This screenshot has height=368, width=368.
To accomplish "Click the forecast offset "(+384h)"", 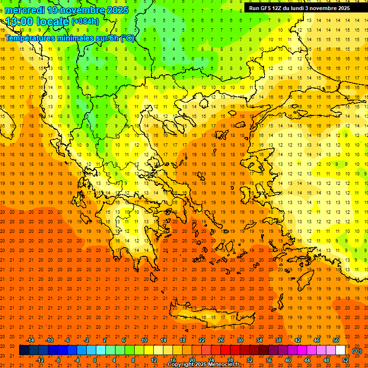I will (x=85, y=22).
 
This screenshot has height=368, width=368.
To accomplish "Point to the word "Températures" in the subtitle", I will (x=28, y=38).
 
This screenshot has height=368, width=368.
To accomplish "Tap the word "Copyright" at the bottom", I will (x=181, y=365).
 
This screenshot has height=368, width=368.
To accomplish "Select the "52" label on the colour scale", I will (x=345, y=360).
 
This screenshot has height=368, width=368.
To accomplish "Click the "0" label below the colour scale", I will (x=95, y=360).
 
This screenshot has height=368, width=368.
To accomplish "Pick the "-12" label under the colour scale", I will (x=40, y=360).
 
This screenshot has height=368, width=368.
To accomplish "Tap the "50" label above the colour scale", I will (x=336, y=340).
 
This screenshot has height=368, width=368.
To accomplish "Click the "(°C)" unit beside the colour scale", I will (x=357, y=351).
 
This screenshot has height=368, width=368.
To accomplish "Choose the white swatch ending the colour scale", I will (x=340, y=350).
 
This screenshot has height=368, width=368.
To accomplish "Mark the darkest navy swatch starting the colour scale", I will (x=24, y=350).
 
